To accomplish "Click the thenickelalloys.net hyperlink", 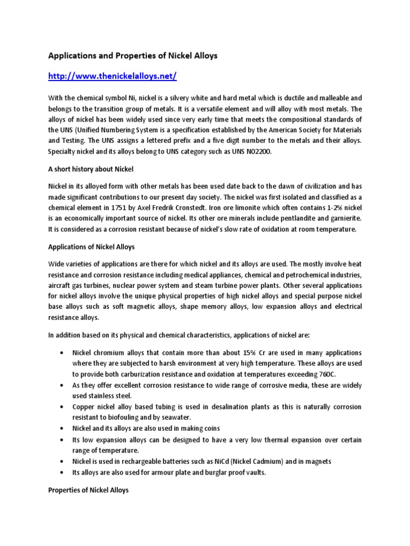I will point(112,76).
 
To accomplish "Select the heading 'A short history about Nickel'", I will point(90,169).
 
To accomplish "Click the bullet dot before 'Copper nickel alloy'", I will point(64,407).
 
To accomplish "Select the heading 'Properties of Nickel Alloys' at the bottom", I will point(88,489).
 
